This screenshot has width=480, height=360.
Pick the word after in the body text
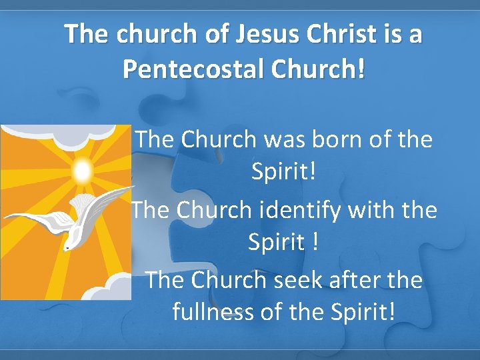point(355,279)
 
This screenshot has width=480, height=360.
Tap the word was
point(277,139)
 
